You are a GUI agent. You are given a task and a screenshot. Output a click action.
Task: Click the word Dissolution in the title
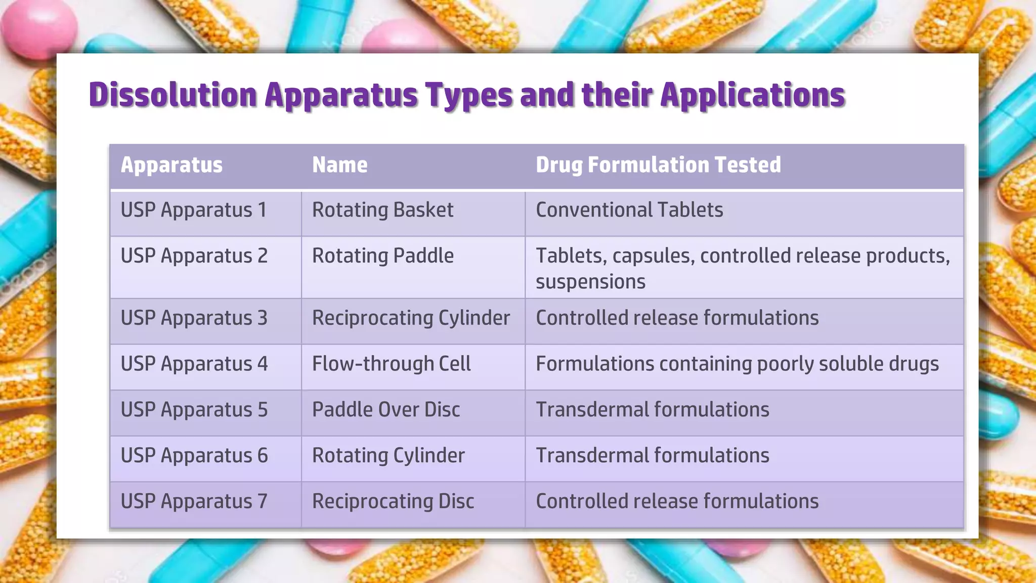click(172, 95)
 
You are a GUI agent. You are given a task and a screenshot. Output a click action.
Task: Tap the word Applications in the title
click(752, 95)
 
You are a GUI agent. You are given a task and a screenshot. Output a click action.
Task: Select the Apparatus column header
click(171, 165)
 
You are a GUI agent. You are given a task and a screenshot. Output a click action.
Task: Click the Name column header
click(339, 165)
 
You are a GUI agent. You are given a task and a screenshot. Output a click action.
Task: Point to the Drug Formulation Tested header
click(658, 165)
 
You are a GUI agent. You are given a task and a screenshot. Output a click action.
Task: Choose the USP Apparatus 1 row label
click(193, 210)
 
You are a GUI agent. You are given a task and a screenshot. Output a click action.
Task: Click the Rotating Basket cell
click(382, 210)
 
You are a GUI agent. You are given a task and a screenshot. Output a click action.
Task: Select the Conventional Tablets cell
click(629, 210)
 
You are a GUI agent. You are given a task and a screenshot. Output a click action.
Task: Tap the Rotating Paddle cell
click(382, 256)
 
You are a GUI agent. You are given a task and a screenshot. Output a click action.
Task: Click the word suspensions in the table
click(590, 282)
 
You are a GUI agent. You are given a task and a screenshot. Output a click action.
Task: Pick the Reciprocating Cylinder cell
click(411, 318)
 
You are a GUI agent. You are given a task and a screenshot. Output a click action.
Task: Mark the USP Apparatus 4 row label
click(194, 364)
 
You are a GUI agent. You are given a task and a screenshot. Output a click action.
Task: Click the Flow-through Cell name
click(391, 364)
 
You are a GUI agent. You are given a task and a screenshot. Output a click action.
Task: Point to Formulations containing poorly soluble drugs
click(737, 364)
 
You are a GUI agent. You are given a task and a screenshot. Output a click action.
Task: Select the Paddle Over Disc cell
click(385, 410)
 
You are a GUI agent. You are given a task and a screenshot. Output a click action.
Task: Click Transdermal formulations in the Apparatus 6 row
click(652, 455)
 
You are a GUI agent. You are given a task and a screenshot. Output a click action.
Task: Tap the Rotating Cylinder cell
click(388, 455)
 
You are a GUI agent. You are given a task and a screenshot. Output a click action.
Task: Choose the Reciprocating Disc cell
click(393, 502)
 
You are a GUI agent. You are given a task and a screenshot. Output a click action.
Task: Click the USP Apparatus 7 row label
click(194, 502)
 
